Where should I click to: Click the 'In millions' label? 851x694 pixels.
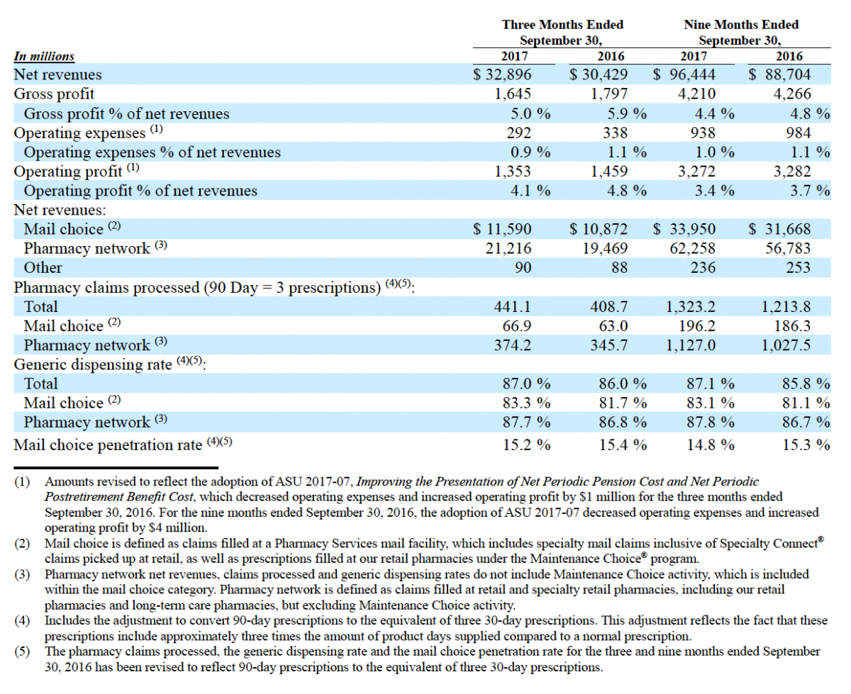(x=44, y=56)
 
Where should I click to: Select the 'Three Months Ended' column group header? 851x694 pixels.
(x=562, y=25)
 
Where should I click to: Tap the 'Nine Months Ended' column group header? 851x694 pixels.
(x=741, y=25)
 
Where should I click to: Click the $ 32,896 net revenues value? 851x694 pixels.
(x=502, y=74)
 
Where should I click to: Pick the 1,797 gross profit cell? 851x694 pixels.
(x=609, y=94)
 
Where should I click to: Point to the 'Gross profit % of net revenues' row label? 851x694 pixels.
(x=126, y=113)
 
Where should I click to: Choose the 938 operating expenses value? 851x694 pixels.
(x=703, y=133)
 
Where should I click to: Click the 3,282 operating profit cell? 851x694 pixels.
(x=792, y=172)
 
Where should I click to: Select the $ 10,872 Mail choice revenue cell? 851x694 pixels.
(x=599, y=229)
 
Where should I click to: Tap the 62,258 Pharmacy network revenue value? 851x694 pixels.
(x=692, y=248)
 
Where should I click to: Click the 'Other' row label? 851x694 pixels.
(x=43, y=268)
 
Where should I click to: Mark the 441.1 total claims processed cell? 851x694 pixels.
(x=513, y=307)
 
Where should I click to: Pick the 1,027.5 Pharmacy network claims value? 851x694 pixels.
(x=786, y=345)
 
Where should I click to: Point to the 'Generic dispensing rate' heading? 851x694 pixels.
(x=93, y=364)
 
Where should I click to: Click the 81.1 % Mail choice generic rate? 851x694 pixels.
(x=806, y=403)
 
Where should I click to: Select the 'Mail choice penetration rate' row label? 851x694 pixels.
(x=108, y=444)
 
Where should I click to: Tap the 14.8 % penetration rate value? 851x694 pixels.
(x=711, y=444)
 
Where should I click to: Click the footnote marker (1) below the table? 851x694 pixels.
(x=22, y=482)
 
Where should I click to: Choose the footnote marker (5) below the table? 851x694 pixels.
(x=22, y=651)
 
